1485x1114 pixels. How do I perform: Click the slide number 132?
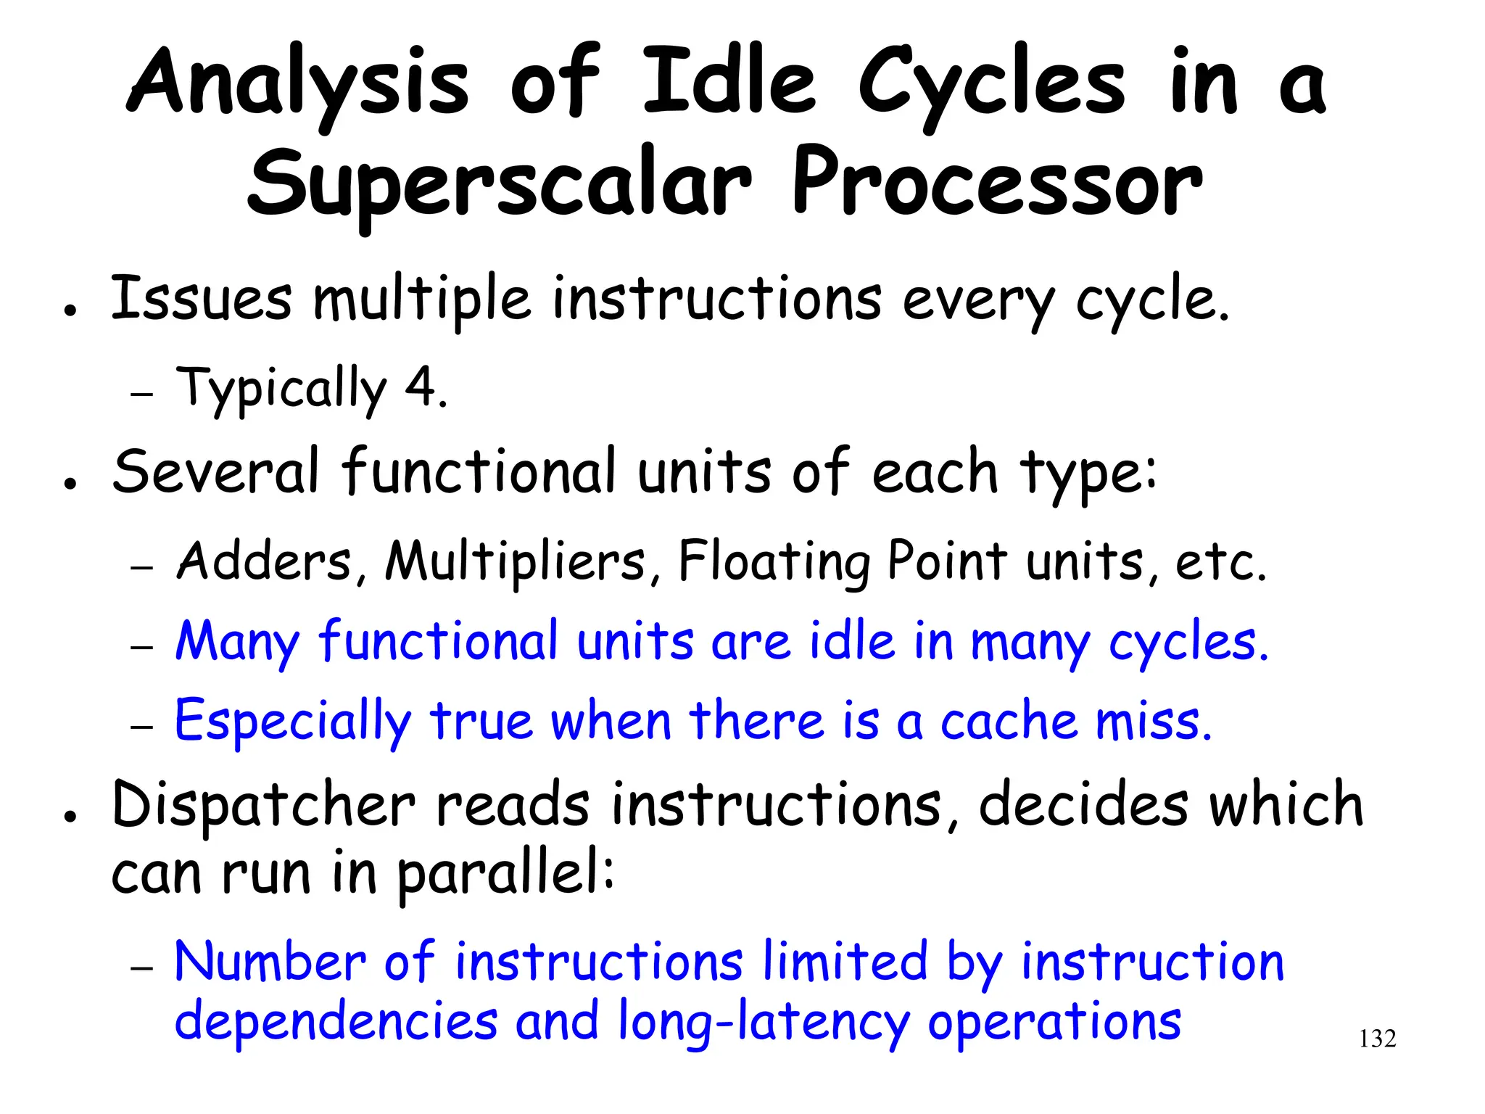tap(1377, 1039)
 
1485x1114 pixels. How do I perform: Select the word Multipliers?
tap(516, 561)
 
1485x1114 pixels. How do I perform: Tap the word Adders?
tap(265, 561)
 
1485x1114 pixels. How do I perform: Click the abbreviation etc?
tap(1220, 563)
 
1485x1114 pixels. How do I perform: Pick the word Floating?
tap(774, 563)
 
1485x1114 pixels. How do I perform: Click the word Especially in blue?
tap(293, 722)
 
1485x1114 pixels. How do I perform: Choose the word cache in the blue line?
tap(1008, 722)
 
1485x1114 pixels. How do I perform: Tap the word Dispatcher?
tap(264, 806)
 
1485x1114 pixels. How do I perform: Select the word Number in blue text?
tap(270, 962)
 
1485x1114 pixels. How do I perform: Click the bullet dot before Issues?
tap(70, 310)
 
